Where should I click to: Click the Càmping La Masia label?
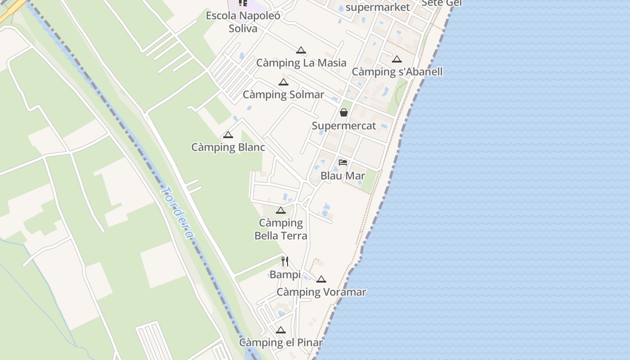click(x=301, y=63)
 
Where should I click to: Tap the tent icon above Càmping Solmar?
click(x=283, y=82)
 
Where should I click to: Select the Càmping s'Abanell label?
click(x=397, y=72)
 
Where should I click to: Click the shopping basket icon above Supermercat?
click(x=344, y=112)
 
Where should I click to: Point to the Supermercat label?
click(x=344, y=126)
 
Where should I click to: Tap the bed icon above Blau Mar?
click(x=343, y=162)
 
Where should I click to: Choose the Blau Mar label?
click(x=342, y=175)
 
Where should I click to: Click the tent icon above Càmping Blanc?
click(x=228, y=135)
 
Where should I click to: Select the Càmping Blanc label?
click(x=228, y=147)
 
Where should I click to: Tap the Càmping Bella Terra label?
click(x=281, y=229)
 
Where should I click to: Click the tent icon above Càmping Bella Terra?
click(x=281, y=210)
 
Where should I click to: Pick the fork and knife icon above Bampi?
click(x=285, y=261)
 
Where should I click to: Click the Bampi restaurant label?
click(x=285, y=274)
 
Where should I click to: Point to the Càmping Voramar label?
click(x=321, y=292)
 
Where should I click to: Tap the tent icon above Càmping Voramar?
click(x=321, y=279)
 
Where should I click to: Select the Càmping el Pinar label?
click(x=281, y=342)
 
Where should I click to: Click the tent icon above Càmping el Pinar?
click(x=281, y=330)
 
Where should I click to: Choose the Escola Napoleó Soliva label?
click(x=243, y=22)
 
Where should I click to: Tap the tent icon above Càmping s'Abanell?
click(x=396, y=59)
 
